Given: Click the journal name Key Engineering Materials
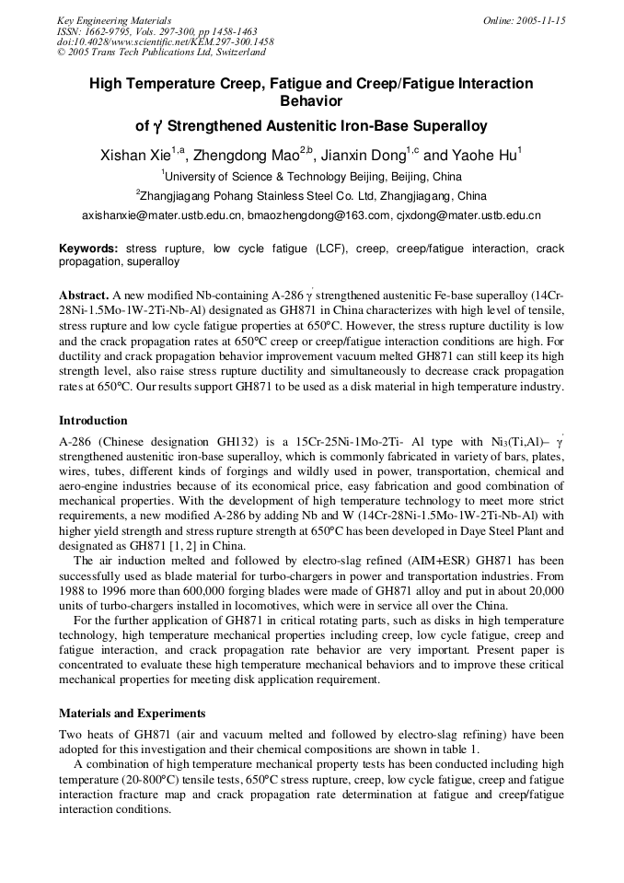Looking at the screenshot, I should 113,19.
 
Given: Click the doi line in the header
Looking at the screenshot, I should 165,41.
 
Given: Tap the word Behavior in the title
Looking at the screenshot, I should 311,101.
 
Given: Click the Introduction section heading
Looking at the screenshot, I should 93,421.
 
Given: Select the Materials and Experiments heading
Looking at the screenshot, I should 132,714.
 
